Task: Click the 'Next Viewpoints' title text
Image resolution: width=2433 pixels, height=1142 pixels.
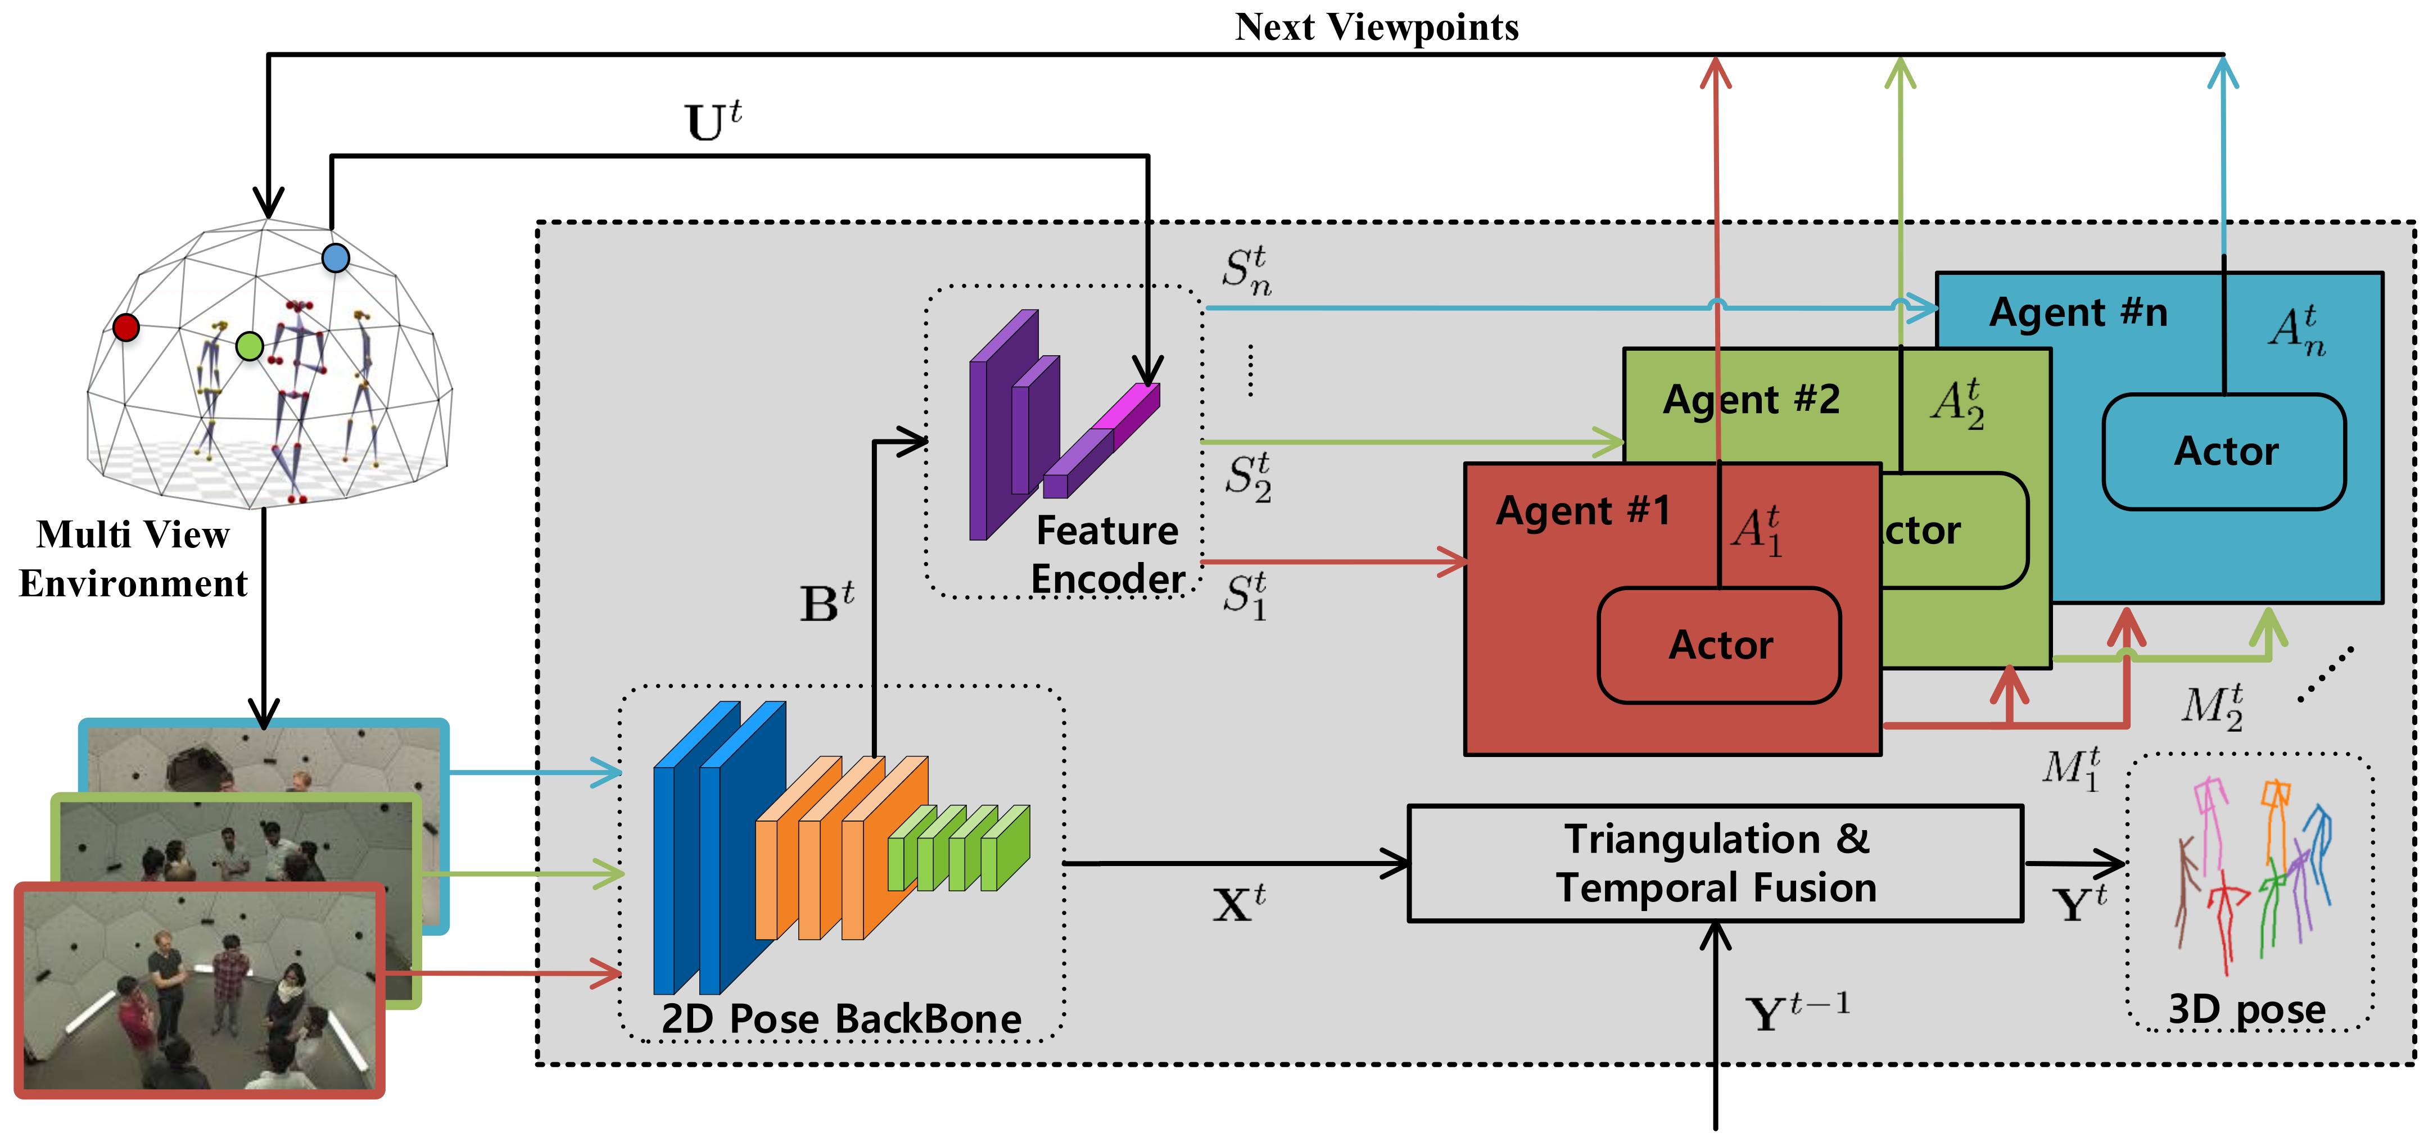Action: [x=1376, y=28]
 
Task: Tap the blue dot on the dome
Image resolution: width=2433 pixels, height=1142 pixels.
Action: [x=335, y=258]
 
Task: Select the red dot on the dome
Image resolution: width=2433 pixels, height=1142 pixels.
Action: [x=125, y=327]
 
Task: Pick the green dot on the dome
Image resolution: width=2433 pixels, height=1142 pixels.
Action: [x=250, y=346]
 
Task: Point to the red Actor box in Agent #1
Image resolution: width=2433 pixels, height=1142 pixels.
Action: [x=1719, y=645]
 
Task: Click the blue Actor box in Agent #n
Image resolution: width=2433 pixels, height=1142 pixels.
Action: [x=2224, y=451]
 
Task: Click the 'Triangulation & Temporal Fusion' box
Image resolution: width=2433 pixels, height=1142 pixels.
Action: [x=1715, y=863]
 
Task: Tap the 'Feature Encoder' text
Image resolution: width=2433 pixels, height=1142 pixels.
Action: [x=1107, y=555]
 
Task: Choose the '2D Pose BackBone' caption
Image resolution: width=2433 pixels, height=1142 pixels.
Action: [x=840, y=1018]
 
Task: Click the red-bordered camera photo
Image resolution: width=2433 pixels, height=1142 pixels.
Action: [x=200, y=990]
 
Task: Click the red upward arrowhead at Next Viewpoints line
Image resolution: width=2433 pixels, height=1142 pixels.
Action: [x=1715, y=71]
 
